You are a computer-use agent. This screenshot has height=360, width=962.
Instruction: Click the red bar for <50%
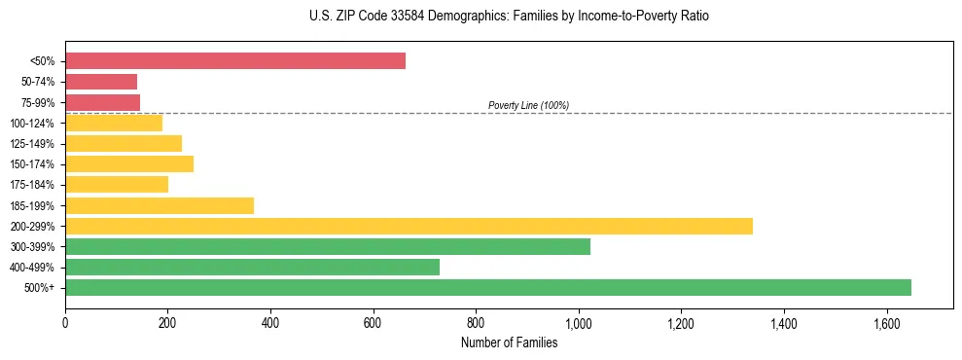(x=235, y=61)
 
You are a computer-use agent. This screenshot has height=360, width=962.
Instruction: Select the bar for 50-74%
(x=101, y=82)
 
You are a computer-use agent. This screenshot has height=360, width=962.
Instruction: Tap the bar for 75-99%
(x=103, y=102)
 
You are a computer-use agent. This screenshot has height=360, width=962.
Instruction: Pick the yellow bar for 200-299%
(x=409, y=226)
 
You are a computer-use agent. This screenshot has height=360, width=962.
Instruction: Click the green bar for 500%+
(x=488, y=287)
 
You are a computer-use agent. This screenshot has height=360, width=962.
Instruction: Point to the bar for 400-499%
(x=252, y=267)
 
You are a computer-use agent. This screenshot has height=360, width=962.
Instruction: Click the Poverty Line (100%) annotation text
(x=528, y=105)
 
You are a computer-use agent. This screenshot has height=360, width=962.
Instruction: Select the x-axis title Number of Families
(x=509, y=342)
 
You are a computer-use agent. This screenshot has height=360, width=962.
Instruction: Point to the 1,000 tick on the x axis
(x=578, y=321)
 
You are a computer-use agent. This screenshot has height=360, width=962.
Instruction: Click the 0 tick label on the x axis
(x=65, y=321)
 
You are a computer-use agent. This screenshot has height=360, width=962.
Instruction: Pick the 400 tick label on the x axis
(x=270, y=321)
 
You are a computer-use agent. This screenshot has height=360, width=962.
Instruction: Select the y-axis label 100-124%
(x=32, y=124)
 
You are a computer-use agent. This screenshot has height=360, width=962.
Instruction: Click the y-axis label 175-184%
(x=32, y=185)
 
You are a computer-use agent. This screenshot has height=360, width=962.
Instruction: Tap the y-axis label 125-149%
(x=32, y=144)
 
